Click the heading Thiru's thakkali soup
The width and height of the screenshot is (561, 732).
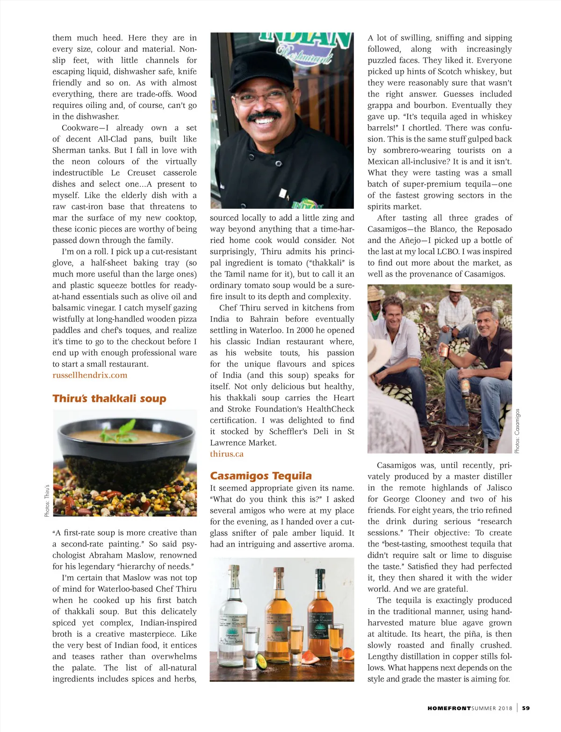coord(109,398)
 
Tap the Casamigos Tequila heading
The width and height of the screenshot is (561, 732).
coord(260,476)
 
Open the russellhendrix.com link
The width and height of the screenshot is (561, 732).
coord(90,375)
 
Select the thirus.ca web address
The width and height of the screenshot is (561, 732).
coord(227,454)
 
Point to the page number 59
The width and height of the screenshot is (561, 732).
coord(526,708)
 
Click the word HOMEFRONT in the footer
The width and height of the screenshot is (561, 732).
coord(449,708)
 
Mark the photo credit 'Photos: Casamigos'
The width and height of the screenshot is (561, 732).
coord(517,431)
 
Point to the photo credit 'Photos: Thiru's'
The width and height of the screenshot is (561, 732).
coord(47,500)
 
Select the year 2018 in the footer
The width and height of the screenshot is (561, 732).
coord(504,708)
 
